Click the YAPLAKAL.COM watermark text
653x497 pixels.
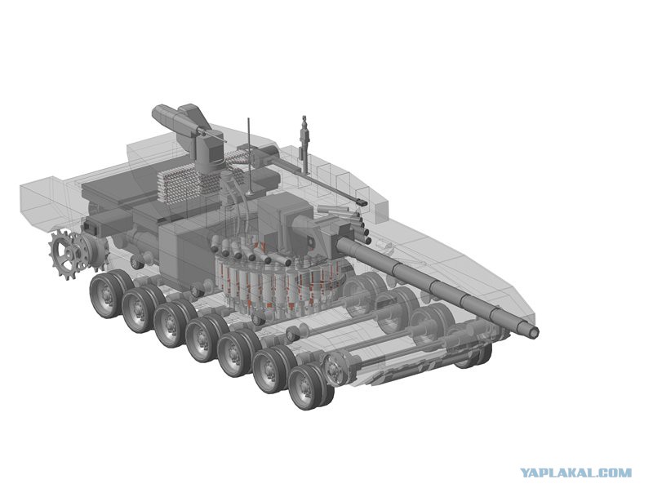576,473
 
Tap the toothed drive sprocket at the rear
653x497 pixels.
67,255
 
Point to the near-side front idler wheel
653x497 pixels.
337,368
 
